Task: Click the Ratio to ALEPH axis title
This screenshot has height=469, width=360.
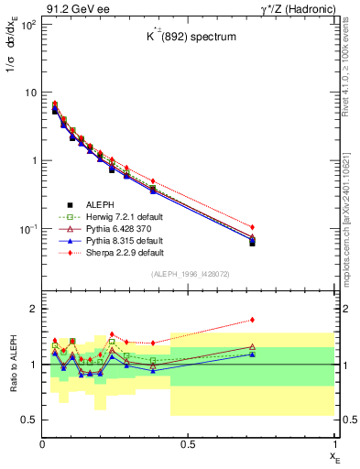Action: (x=16, y=365)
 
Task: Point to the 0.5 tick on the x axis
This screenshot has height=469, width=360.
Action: (x=188, y=443)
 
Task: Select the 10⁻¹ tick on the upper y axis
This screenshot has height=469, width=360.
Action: (x=27, y=228)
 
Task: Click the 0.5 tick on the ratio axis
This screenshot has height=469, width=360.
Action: (x=29, y=420)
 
